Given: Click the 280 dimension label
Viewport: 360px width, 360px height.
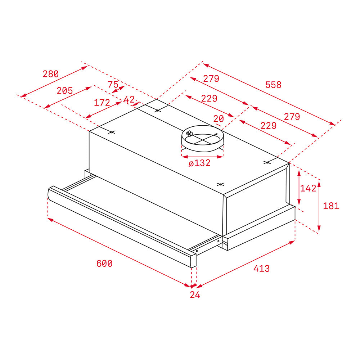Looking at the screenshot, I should tap(50, 74).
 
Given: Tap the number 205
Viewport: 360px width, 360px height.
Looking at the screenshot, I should tap(65, 91).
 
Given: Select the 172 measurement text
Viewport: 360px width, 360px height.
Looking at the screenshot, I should tap(102, 103).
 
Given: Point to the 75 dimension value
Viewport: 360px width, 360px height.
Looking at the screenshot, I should tap(113, 84).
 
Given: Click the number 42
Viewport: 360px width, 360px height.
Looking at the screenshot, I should tap(129, 99).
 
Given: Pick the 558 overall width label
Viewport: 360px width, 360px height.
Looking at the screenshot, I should tap(273, 85).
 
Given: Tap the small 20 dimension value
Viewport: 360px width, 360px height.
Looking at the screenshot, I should tap(218, 118).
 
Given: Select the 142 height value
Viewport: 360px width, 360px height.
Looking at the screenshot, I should tap(308, 188).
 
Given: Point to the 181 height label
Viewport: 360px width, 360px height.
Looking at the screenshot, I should tap(331, 206).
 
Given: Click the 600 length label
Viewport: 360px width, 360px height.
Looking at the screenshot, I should tap(104, 264).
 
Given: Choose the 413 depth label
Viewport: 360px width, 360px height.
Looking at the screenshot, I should tap(261, 269).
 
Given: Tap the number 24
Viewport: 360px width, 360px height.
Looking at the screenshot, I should tap(195, 295).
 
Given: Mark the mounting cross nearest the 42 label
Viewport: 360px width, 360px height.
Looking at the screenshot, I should tap(157, 111).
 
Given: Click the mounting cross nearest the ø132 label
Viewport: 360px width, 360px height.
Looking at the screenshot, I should tap(220, 184).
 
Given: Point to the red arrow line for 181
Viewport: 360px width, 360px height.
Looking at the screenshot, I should tap(319, 206).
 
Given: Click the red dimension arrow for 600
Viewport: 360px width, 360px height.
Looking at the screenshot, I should tap(119, 252).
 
